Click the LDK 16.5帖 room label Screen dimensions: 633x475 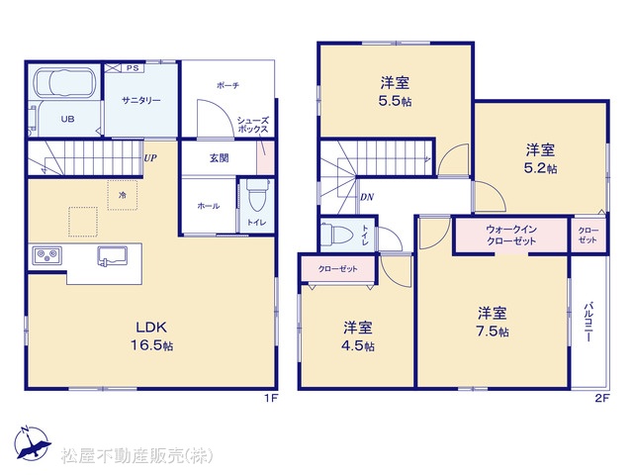[151, 336]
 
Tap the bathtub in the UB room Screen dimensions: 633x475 [64, 83]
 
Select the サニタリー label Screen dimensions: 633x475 [141, 100]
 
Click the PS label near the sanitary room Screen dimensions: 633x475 [133, 68]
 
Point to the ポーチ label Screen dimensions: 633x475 [228, 85]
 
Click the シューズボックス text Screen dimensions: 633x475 [253, 125]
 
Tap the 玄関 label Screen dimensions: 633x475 [220, 158]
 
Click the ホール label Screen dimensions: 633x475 [209, 206]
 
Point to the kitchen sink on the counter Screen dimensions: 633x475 [112, 256]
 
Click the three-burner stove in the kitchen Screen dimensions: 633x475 [47, 255]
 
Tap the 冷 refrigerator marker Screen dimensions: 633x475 [123, 196]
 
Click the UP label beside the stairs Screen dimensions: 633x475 [150, 158]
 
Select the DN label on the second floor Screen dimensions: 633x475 [367, 197]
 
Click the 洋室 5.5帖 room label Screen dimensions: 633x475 [396, 92]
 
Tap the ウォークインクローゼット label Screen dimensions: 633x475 [511, 236]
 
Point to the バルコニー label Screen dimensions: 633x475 [588, 322]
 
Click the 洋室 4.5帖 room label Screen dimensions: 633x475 [358, 336]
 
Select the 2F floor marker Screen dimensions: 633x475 [601, 398]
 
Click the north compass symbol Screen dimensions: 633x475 [33, 443]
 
